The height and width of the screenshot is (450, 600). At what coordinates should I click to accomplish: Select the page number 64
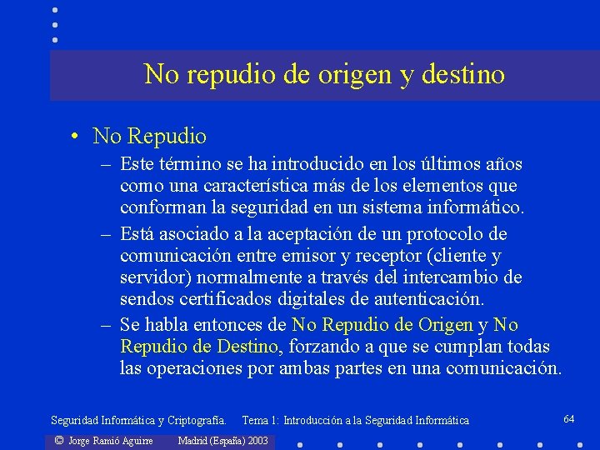click(569, 417)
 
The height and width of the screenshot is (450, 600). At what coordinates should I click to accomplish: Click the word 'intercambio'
click(455, 276)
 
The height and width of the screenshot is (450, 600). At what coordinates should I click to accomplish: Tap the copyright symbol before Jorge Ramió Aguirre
click(58, 440)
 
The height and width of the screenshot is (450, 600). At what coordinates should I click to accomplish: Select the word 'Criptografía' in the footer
click(195, 421)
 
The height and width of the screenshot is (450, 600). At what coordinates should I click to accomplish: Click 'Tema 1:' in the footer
click(261, 421)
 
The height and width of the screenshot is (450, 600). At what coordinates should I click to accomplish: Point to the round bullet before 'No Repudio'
click(75, 136)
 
